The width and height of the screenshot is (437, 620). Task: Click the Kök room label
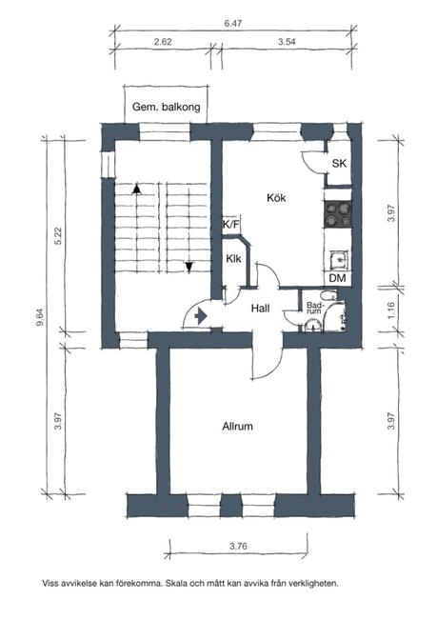point(276,198)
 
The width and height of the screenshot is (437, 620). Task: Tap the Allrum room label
point(237,427)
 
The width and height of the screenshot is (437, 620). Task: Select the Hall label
point(260,308)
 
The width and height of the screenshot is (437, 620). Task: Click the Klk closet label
point(233,259)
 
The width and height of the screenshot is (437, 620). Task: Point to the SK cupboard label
point(339,164)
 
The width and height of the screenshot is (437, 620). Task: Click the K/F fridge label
point(231,225)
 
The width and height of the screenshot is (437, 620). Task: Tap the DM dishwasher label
point(337,278)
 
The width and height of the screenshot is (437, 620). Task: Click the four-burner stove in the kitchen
point(338,214)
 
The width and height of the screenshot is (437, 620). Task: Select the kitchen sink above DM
point(339,260)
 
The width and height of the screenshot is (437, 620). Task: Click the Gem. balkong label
point(166,107)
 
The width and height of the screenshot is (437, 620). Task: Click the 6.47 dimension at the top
point(233,23)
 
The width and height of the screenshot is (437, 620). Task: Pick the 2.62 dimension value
point(163,42)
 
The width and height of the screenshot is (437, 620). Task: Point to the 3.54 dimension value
point(287,42)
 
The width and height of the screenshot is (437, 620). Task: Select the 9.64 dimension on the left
point(39,317)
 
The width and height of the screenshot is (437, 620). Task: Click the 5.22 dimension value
point(58,236)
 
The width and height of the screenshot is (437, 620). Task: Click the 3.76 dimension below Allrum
point(238,547)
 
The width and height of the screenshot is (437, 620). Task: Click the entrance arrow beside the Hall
point(201,316)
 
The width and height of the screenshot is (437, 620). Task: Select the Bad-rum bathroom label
point(315,308)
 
